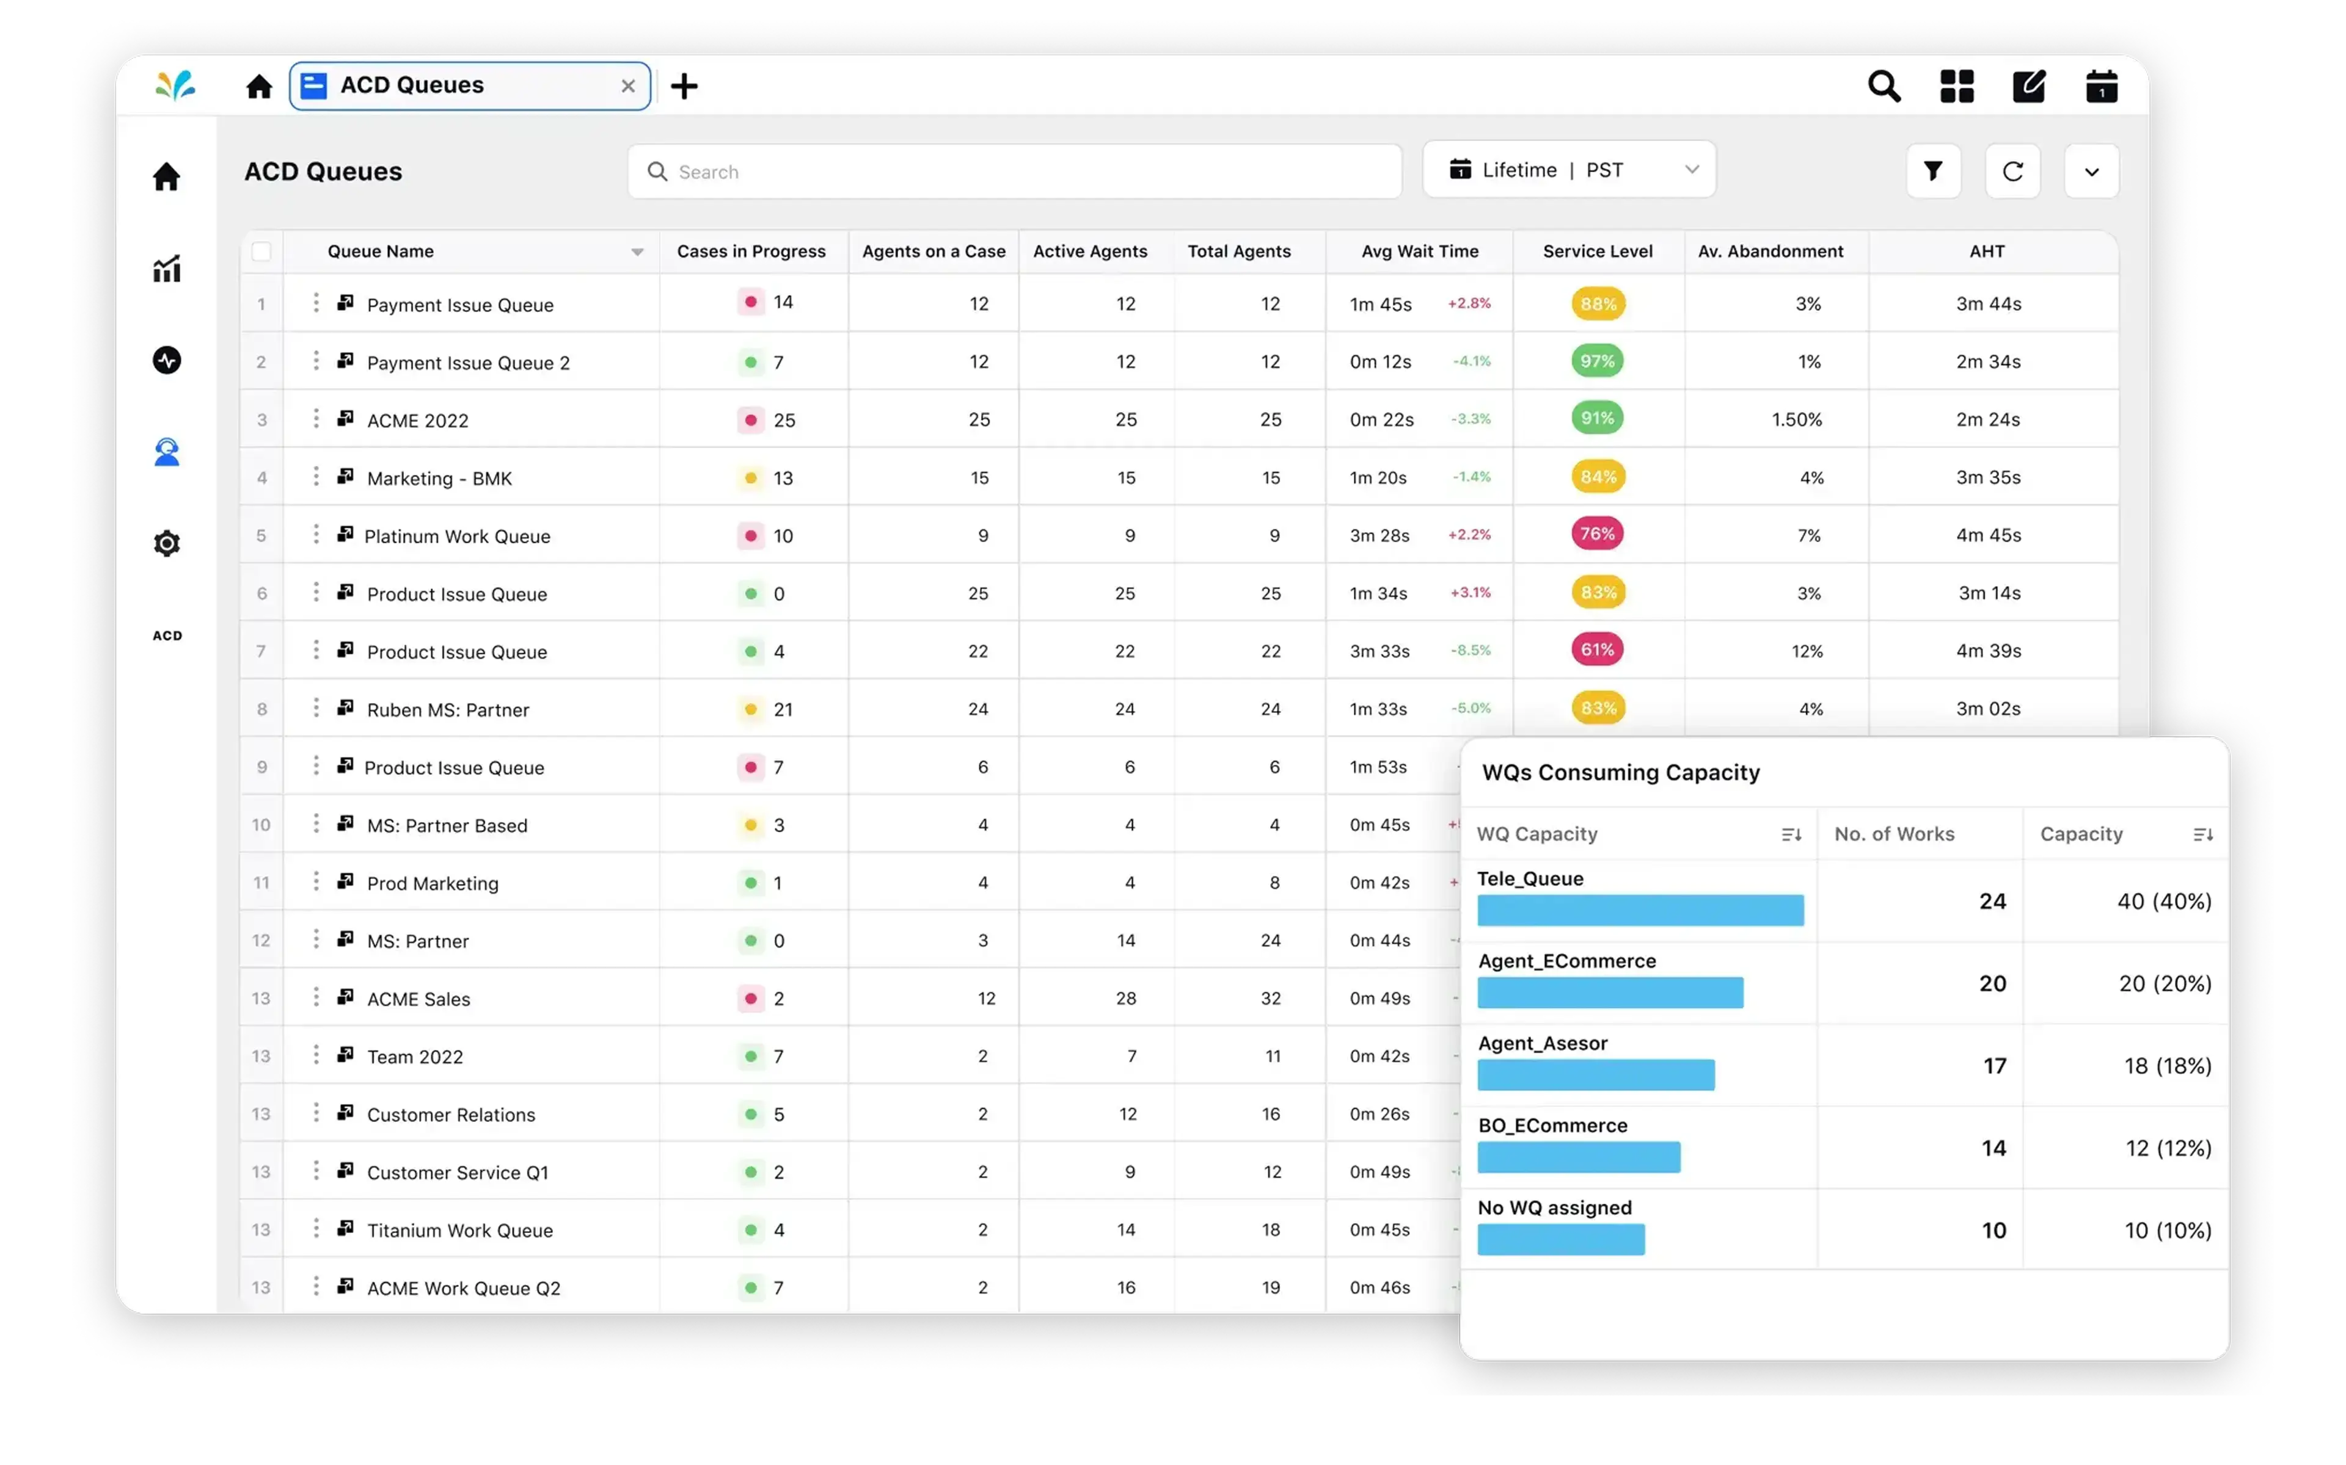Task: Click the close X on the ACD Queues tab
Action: click(628, 86)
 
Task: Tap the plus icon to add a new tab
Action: click(684, 86)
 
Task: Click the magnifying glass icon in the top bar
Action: click(1884, 86)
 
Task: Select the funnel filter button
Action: click(1933, 172)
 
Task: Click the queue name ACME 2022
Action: click(418, 421)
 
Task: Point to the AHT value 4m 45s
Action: click(1987, 535)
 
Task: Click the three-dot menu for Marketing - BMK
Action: click(316, 477)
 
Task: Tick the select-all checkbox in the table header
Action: click(261, 252)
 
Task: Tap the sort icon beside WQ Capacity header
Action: click(1791, 835)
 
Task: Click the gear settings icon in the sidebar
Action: click(167, 543)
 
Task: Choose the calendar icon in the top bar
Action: click(2101, 86)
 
